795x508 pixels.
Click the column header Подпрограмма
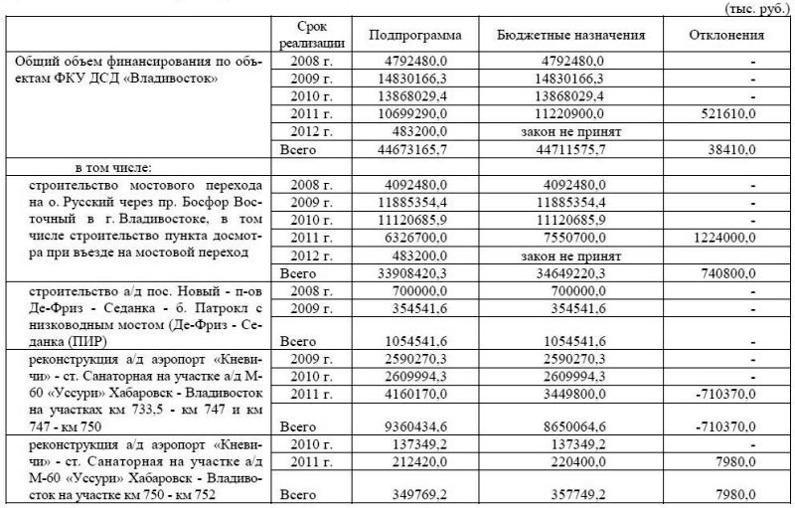[x=415, y=36]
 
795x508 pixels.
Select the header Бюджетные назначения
[x=571, y=36]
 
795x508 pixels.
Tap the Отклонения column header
[x=726, y=36]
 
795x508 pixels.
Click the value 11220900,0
[x=565, y=113]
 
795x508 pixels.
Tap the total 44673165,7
[x=423, y=150]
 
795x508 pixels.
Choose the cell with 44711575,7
[x=565, y=150]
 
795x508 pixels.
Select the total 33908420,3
[x=423, y=272]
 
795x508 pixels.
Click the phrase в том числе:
[x=110, y=167]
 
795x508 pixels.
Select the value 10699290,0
[x=423, y=113]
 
